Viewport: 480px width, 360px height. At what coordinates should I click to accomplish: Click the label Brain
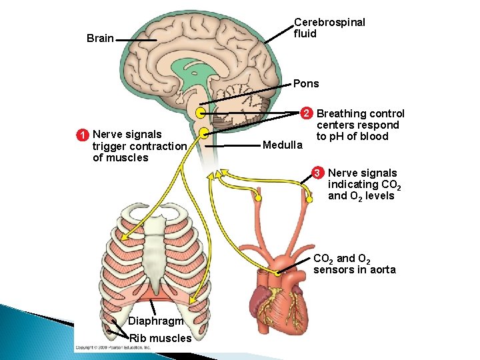pos(100,39)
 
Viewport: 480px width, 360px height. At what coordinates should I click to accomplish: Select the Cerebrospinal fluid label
pos(329,28)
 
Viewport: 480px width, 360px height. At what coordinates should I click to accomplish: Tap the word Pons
pos(306,84)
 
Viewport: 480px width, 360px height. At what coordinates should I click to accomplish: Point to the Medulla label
pos(283,145)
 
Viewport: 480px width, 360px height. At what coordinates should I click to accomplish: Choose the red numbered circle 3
pos(318,173)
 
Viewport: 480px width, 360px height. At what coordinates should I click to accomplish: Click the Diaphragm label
pos(155,321)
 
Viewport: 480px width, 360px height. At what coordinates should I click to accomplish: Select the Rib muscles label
pos(160,338)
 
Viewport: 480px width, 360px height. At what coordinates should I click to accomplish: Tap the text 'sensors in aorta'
pos(354,270)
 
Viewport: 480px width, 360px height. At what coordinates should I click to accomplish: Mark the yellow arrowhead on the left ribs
pos(124,234)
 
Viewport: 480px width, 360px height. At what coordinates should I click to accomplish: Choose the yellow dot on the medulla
pos(204,133)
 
